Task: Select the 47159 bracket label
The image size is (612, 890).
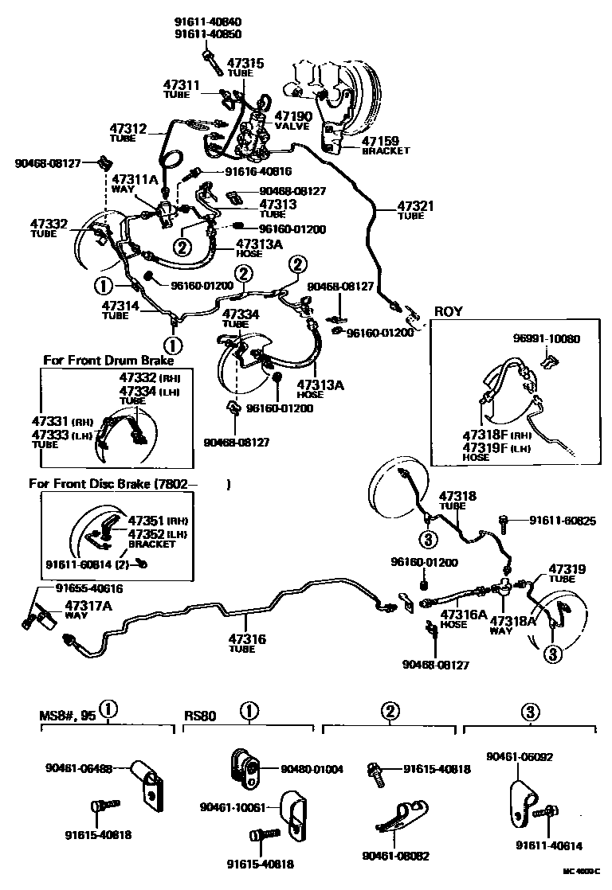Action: (385, 141)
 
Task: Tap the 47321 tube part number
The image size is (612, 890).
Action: (417, 206)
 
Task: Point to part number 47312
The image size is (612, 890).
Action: (127, 129)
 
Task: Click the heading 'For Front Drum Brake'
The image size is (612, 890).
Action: (108, 361)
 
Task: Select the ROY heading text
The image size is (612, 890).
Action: (449, 311)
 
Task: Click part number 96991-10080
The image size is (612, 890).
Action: (547, 338)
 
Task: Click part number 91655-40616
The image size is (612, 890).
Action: (89, 588)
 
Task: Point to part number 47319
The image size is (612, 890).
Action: (567, 569)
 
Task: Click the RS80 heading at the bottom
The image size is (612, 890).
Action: (200, 715)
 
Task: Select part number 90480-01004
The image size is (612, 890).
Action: (312, 769)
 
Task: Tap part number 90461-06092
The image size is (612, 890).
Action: (519, 757)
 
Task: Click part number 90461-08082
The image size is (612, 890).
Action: (395, 856)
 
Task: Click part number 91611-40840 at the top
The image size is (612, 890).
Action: (207, 22)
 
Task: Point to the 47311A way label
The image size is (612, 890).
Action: (135, 180)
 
